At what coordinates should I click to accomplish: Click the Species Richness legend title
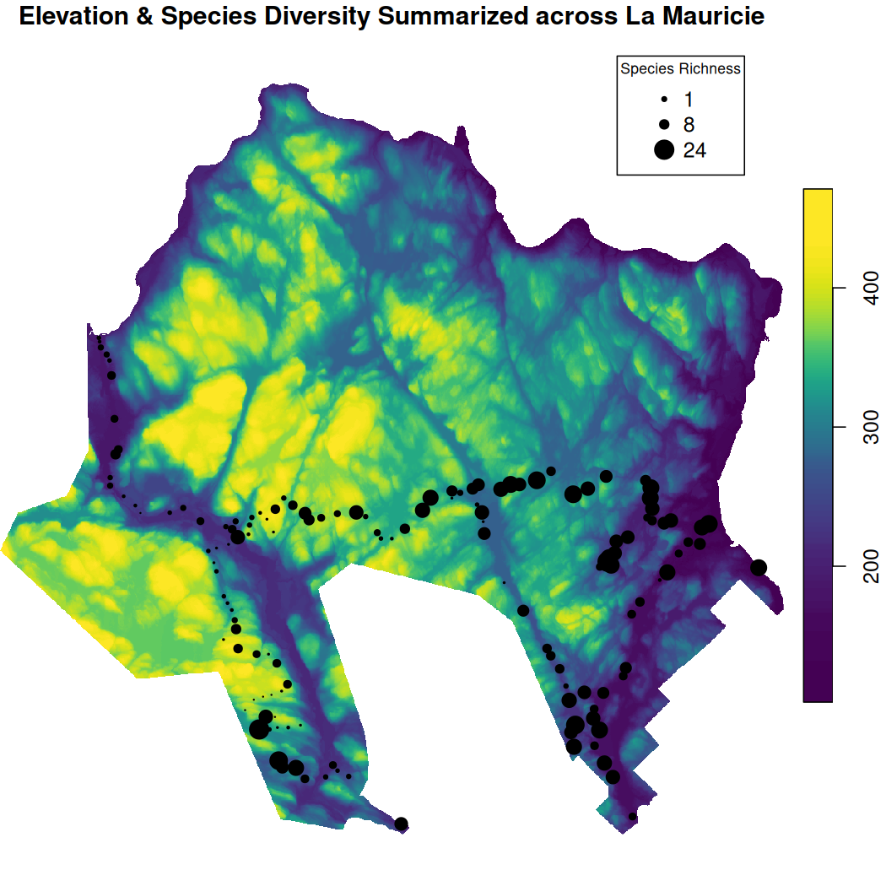point(680,69)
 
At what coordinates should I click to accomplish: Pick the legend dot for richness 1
point(664,100)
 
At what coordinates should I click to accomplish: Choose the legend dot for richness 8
point(664,125)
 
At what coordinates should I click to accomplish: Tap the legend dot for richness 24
point(664,150)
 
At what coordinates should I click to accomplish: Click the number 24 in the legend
point(694,150)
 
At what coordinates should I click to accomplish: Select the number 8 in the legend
point(689,125)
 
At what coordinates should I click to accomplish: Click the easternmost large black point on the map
point(759,568)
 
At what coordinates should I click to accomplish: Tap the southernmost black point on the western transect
point(402,824)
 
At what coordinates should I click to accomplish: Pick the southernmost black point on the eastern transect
point(633,816)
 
